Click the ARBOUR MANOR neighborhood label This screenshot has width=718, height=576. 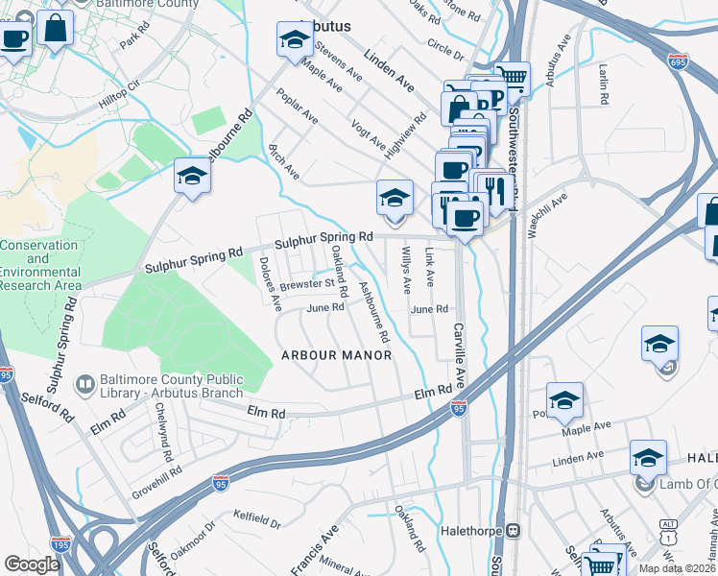(336, 355)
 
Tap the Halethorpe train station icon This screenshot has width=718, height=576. (514, 529)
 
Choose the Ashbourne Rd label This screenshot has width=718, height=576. (373, 312)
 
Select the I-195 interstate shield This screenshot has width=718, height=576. (60, 544)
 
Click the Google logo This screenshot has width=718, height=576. (31, 564)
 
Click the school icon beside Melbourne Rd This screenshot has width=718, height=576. (192, 177)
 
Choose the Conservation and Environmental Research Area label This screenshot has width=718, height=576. (38, 265)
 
